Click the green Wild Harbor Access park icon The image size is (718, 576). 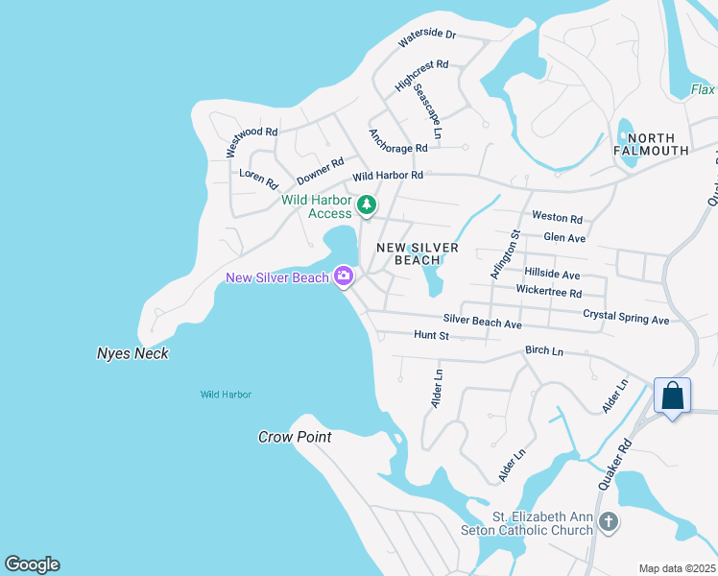366,204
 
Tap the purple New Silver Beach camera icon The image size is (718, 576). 344,277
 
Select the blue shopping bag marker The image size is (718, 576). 672,396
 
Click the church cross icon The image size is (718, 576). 607,522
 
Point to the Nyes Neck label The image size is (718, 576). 132,353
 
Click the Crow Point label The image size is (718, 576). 295,437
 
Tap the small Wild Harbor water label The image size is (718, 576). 226,395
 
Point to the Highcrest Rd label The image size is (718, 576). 421,76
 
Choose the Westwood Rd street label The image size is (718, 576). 251,142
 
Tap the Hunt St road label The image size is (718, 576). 431,335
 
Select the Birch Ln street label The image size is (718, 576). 544,350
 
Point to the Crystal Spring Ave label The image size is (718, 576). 626,317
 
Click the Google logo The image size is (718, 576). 32,564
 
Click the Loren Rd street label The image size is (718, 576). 258,179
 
